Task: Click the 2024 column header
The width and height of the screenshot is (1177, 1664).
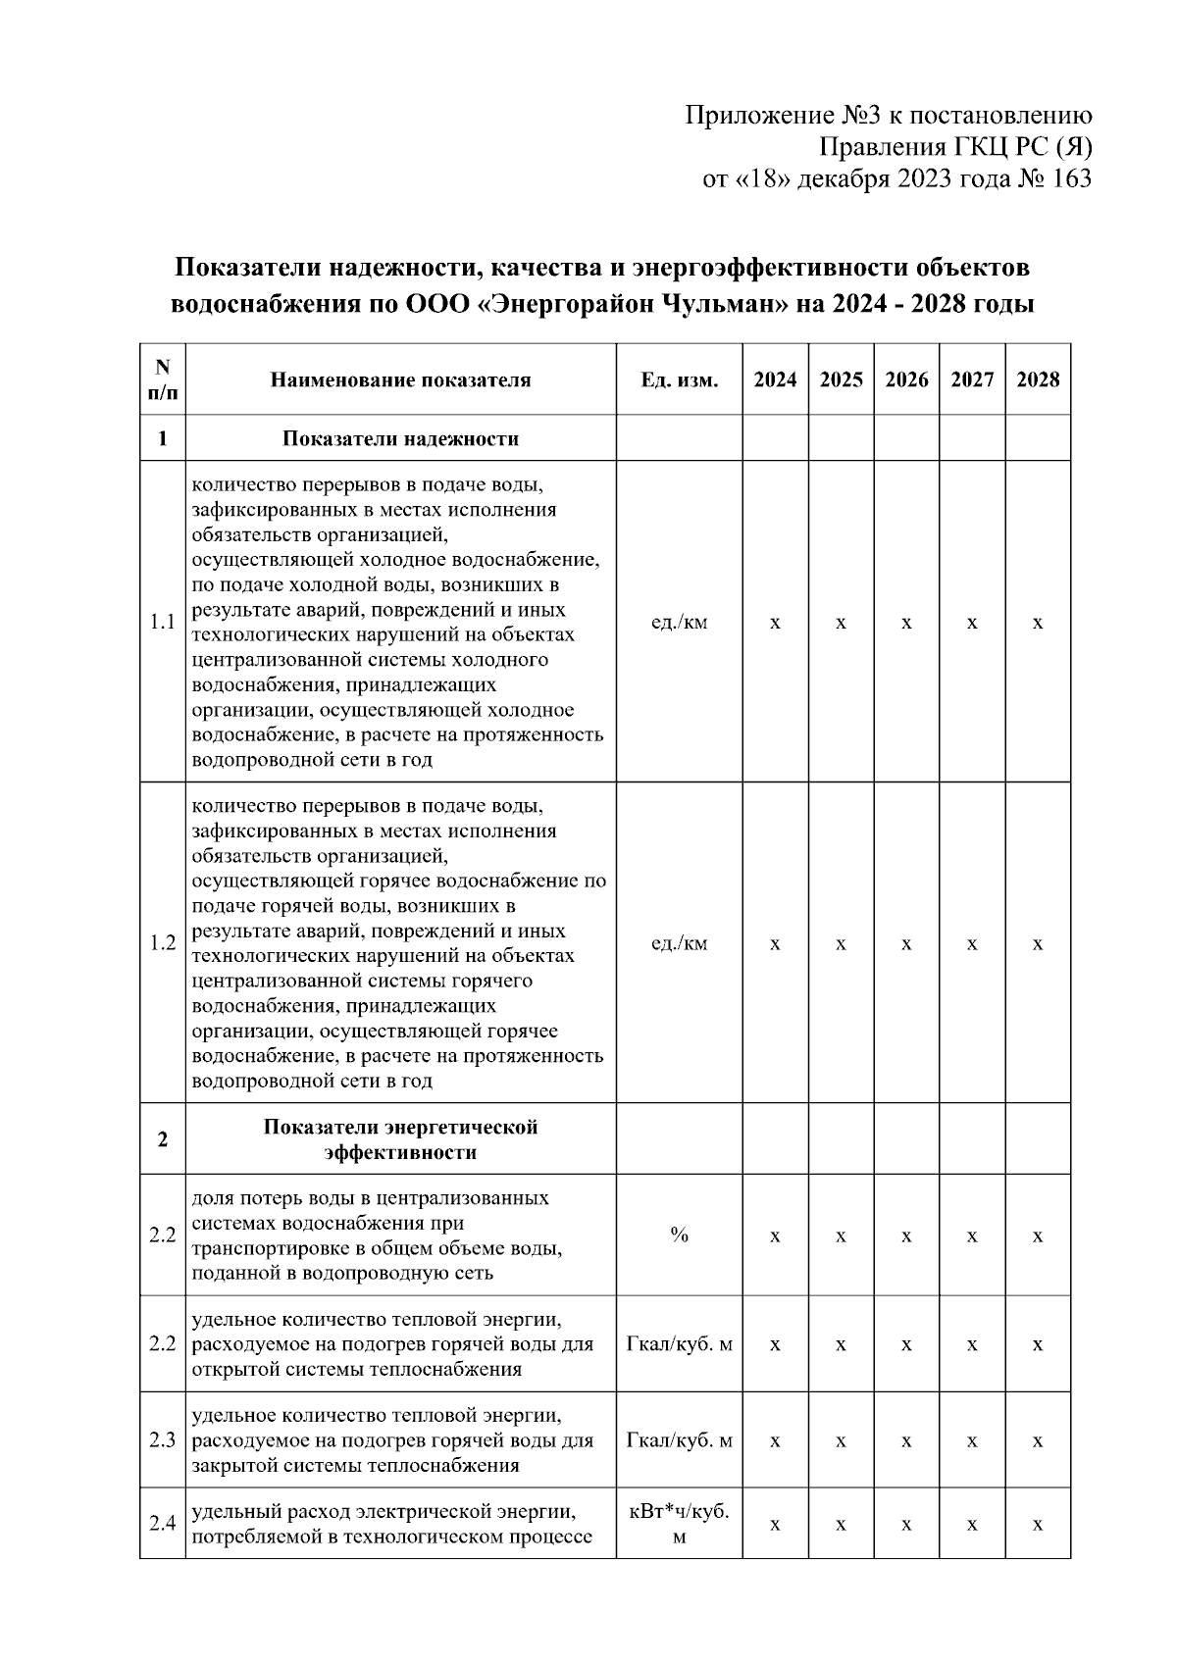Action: click(x=775, y=379)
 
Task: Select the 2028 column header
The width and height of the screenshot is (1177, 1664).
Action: click(x=1038, y=379)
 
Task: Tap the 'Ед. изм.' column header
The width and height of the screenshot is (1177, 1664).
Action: click(x=679, y=379)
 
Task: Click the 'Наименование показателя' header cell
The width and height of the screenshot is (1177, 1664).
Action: click(x=400, y=379)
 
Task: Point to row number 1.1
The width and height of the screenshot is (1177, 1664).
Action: click(x=163, y=623)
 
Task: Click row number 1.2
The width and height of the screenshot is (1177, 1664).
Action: click(x=163, y=943)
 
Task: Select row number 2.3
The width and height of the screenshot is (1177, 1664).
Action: click(x=163, y=1440)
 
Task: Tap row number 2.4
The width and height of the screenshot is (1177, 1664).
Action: click(x=163, y=1524)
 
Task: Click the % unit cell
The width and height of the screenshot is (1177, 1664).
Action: click(x=679, y=1235)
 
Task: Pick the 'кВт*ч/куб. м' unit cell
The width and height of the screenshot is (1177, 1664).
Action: click(x=679, y=1524)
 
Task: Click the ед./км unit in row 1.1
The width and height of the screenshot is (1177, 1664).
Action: click(x=679, y=623)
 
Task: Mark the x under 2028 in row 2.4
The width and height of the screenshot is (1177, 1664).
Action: click(x=1038, y=1525)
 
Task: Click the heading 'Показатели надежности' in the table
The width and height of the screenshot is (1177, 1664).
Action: click(x=400, y=438)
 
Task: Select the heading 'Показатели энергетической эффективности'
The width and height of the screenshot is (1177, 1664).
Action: click(x=400, y=1139)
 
